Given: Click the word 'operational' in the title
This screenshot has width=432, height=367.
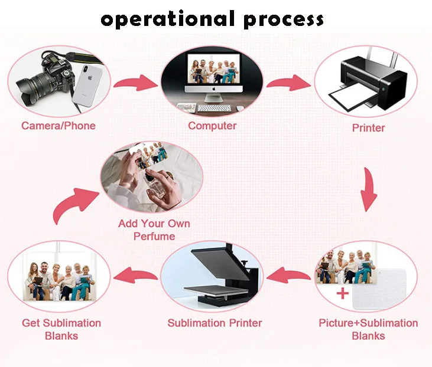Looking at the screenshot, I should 168,19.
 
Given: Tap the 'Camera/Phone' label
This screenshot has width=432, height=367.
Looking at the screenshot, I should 58,125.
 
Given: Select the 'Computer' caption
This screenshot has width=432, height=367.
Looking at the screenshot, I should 212,125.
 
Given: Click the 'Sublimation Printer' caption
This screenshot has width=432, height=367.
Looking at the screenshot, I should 215,323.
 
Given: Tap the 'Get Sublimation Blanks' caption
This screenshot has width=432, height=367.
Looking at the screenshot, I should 61,329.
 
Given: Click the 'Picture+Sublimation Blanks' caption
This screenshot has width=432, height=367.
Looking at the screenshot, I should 368,329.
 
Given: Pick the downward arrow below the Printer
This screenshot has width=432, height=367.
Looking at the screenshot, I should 369,189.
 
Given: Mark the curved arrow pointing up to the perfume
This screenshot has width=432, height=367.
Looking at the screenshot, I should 71,204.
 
